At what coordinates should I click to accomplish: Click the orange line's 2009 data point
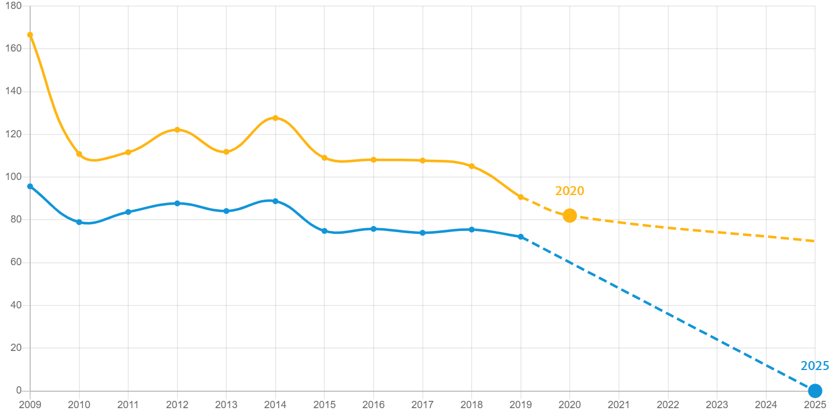pos(30,35)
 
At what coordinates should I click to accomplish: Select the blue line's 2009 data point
pos(30,186)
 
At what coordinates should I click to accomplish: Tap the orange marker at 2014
pos(275,118)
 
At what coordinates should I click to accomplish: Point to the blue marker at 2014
pos(275,201)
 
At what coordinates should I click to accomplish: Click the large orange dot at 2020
pos(569,215)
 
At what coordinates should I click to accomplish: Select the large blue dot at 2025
pos(815,390)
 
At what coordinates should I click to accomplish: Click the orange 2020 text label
pos(569,191)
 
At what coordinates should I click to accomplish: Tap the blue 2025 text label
pos(815,366)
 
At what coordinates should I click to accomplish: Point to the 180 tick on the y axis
pos(13,6)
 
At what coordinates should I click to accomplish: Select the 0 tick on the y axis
pos(18,390)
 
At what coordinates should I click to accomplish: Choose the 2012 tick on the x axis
pos(177,405)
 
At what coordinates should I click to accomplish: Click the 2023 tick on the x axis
pos(717,405)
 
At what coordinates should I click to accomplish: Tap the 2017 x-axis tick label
pos(422,405)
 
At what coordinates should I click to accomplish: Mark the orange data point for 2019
pos(520,197)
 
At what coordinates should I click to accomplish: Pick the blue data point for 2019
pos(520,237)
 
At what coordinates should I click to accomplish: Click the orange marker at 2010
pos(79,154)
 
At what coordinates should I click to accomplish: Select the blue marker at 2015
pos(324,231)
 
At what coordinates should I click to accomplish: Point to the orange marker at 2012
pos(177,130)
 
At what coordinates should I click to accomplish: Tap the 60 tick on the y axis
pos(16,262)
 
